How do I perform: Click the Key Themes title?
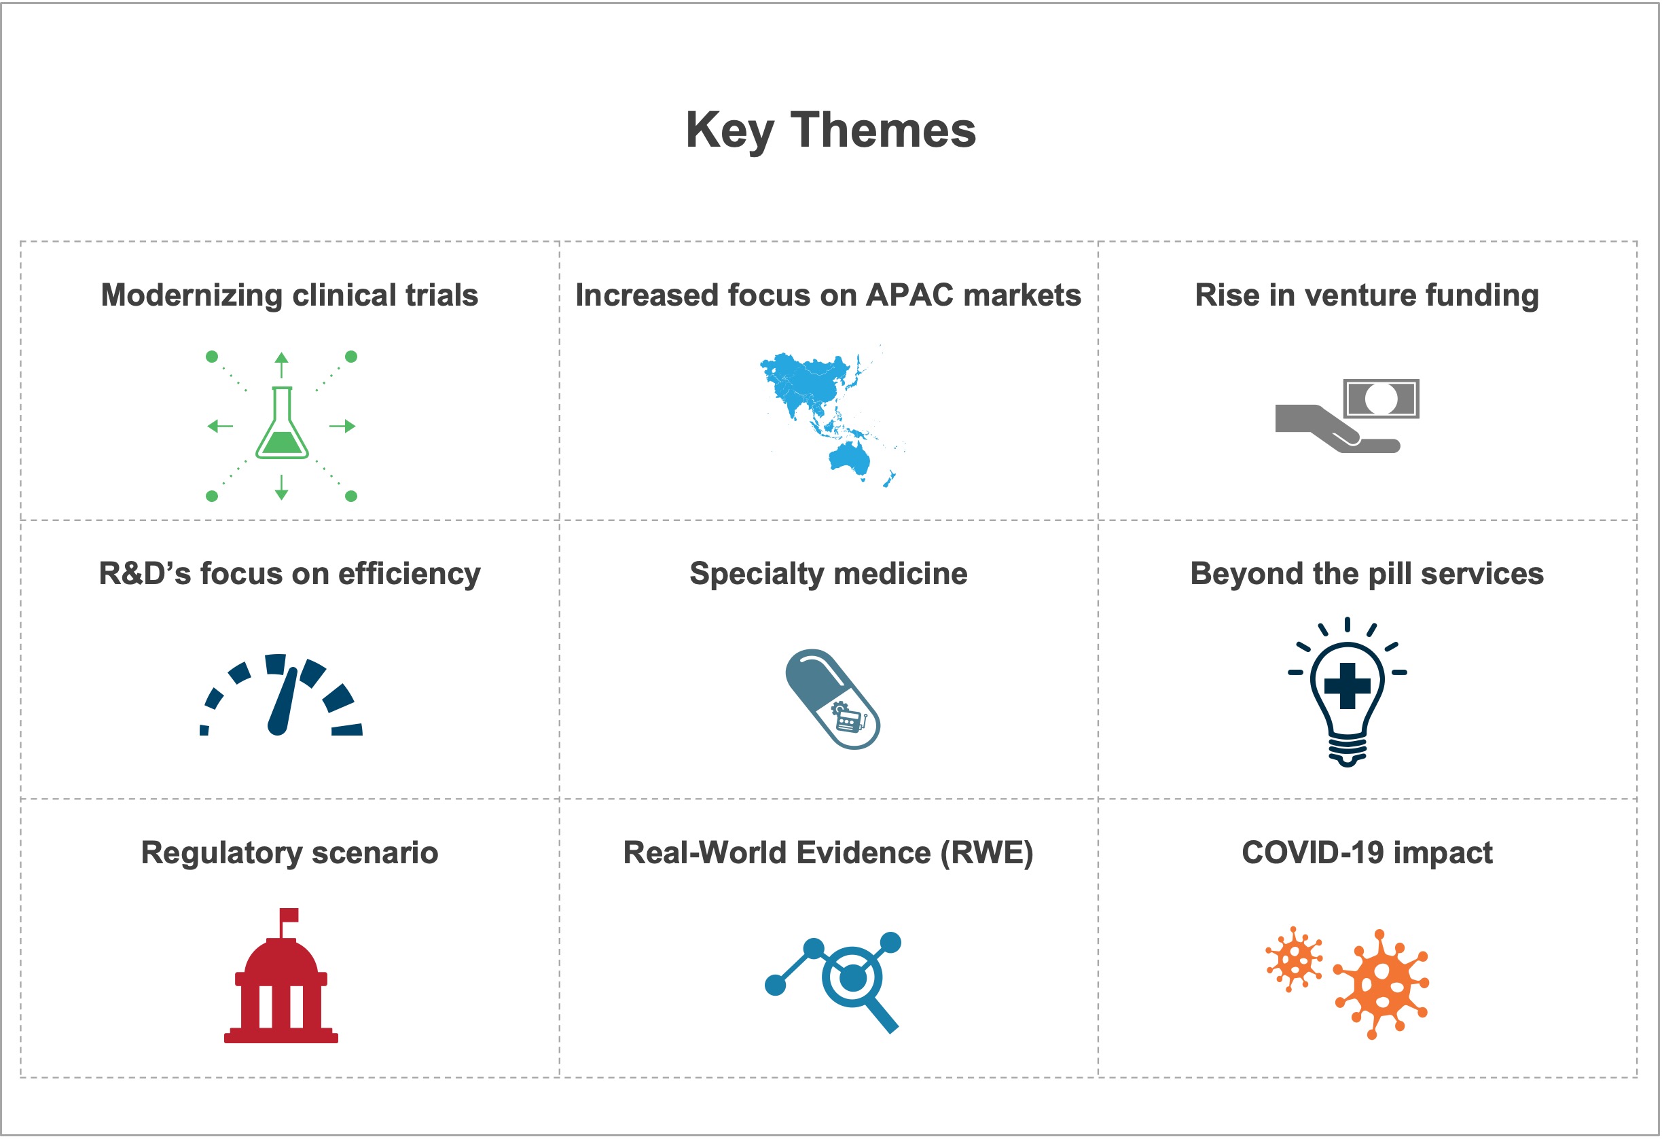831,131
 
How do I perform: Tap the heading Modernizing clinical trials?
289,295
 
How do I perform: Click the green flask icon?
283,423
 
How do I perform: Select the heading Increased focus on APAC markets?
828,295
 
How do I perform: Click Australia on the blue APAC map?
850,458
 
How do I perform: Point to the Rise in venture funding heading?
1367,295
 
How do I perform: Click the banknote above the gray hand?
1381,399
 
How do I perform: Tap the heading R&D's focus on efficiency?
289,574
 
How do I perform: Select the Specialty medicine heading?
828,574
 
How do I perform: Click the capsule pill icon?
833,700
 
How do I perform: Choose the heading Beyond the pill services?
1367,574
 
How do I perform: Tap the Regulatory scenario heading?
289,853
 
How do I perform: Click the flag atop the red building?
289,916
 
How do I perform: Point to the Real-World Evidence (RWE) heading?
828,853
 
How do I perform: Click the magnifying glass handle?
882,1015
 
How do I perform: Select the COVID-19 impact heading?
1367,853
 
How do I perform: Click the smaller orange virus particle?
1295,960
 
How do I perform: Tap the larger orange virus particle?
1381,986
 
